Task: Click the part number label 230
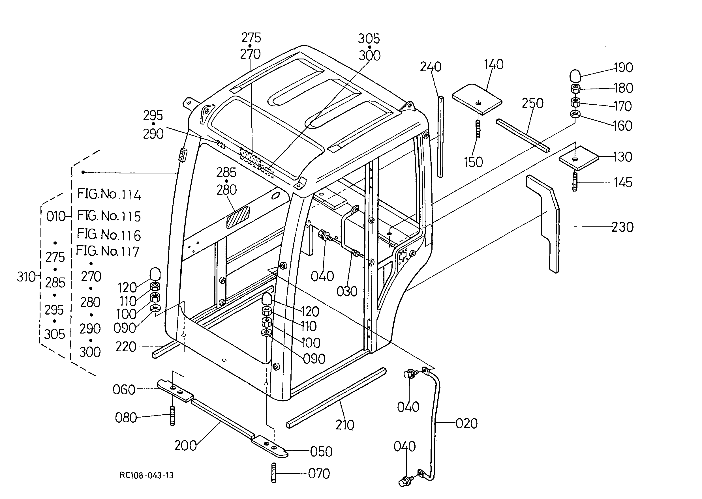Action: coord(622,227)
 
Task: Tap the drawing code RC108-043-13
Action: coord(146,475)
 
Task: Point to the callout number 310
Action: coord(26,277)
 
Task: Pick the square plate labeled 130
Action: coord(579,158)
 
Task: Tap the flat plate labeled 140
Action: coord(477,99)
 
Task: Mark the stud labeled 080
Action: coord(172,416)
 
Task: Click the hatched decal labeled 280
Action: coord(238,217)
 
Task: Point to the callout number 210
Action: coord(345,425)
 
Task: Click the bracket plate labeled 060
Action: coord(175,391)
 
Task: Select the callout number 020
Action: coord(466,423)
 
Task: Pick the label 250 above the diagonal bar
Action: coord(532,103)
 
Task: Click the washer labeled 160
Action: coord(575,114)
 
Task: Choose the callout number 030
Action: coord(347,291)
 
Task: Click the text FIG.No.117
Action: coord(108,251)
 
